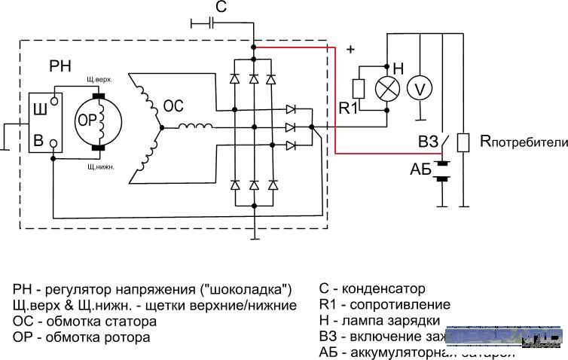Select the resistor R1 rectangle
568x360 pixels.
point(359,89)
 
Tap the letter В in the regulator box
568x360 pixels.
point(37,140)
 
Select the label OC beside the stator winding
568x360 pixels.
point(174,107)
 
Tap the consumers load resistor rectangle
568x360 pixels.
point(464,142)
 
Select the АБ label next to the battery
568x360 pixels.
point(420,170)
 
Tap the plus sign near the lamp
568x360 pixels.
point(350,50)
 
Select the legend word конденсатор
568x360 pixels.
point(383,289)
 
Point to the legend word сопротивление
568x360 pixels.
point(407,305)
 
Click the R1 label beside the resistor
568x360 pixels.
point(348,108)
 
